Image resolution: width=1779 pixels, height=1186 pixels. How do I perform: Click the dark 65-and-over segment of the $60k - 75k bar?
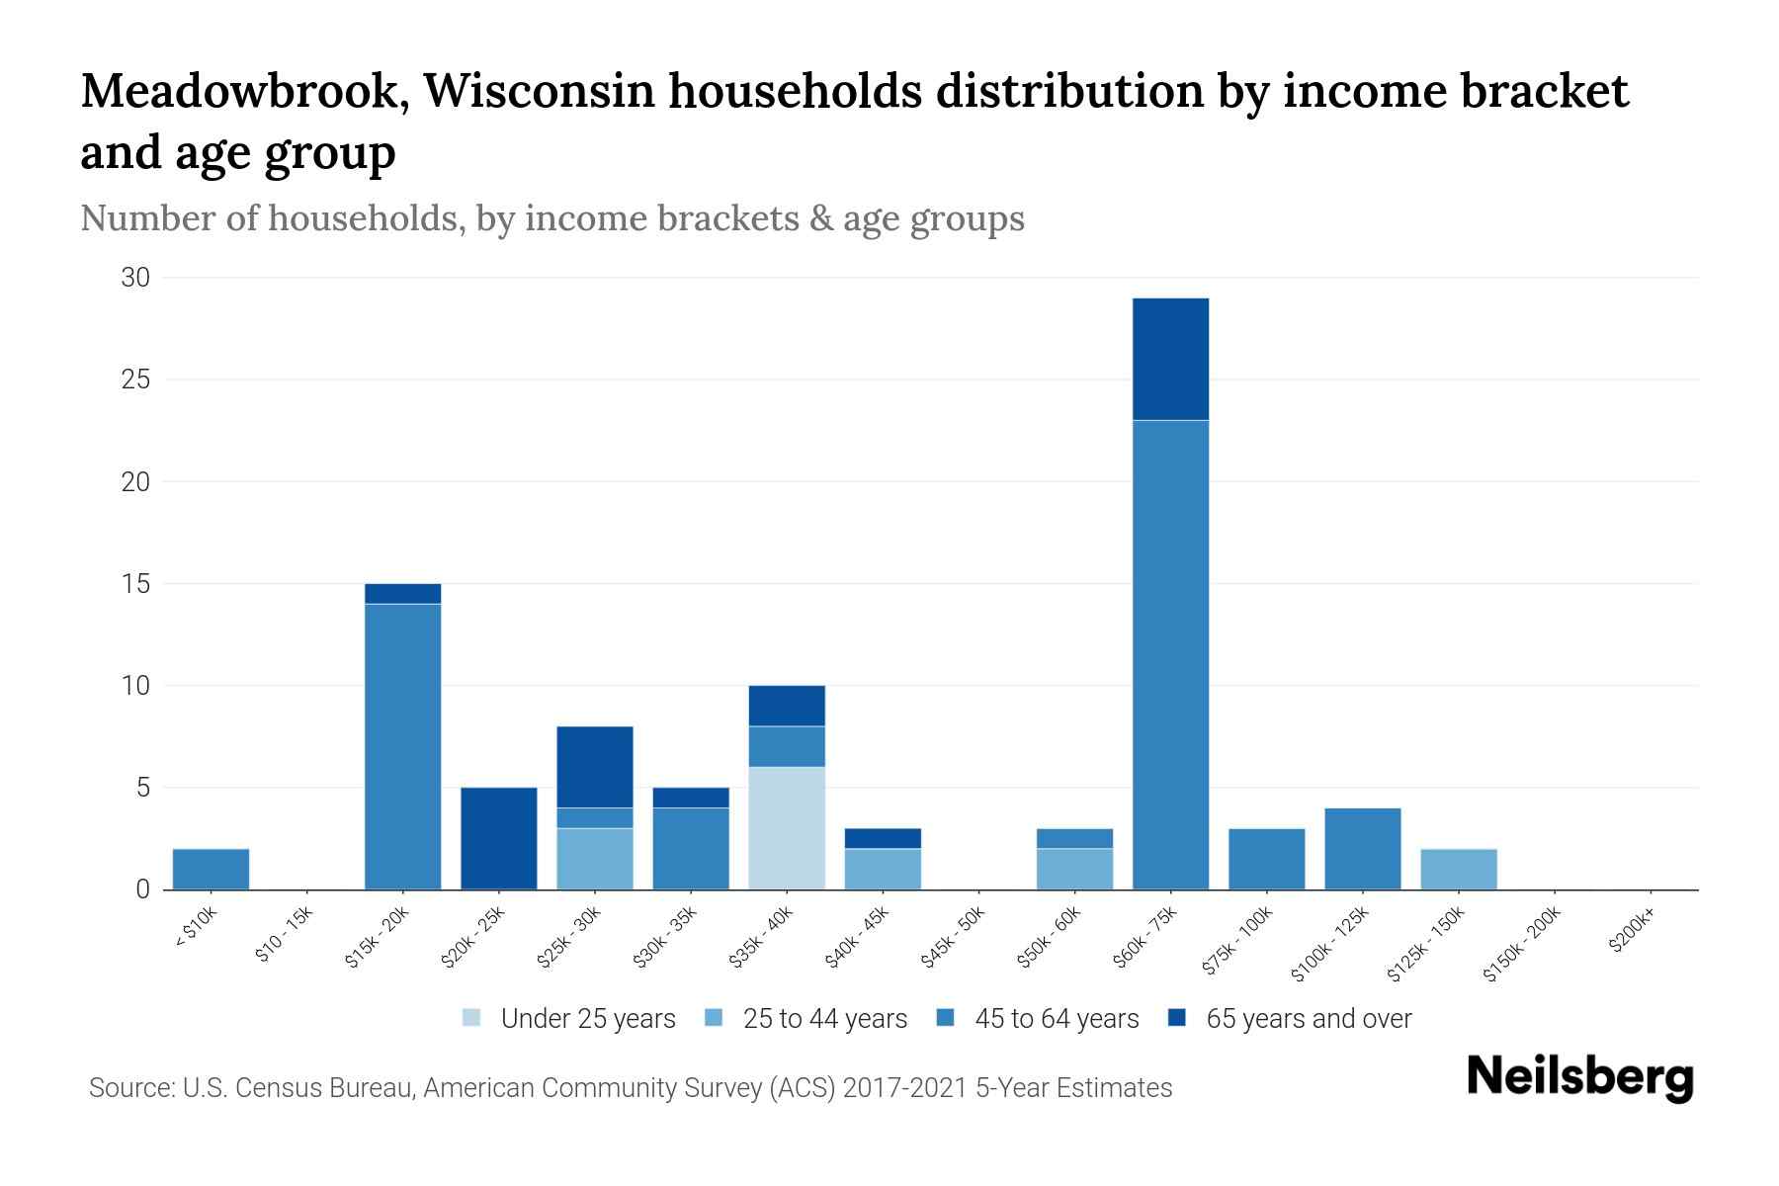1170,359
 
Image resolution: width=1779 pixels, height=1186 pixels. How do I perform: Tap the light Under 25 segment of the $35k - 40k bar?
787,828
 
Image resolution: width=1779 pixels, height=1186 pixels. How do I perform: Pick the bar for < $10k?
211,869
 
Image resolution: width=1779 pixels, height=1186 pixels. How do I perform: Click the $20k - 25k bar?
499,838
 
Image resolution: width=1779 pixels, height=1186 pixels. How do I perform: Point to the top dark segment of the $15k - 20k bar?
403,593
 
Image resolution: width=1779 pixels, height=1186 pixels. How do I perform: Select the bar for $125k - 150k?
1458,869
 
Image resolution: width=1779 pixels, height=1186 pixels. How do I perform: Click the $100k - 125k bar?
1362,849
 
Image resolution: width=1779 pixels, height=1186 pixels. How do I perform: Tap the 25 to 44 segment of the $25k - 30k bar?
595,859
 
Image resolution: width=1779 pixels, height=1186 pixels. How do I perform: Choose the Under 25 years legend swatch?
472,1018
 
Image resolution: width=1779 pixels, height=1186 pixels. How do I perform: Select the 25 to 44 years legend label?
824,1018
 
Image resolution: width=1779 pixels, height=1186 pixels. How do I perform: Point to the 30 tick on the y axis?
135,278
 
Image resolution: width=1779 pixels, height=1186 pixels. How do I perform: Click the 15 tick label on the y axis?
136,584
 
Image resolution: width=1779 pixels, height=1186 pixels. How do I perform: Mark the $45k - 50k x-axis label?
955,942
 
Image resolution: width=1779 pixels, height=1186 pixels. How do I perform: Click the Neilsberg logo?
1579,1077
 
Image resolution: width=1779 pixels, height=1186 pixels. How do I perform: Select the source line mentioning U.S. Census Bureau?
631,1088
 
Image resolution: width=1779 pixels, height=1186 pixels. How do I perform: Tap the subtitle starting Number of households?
551,218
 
